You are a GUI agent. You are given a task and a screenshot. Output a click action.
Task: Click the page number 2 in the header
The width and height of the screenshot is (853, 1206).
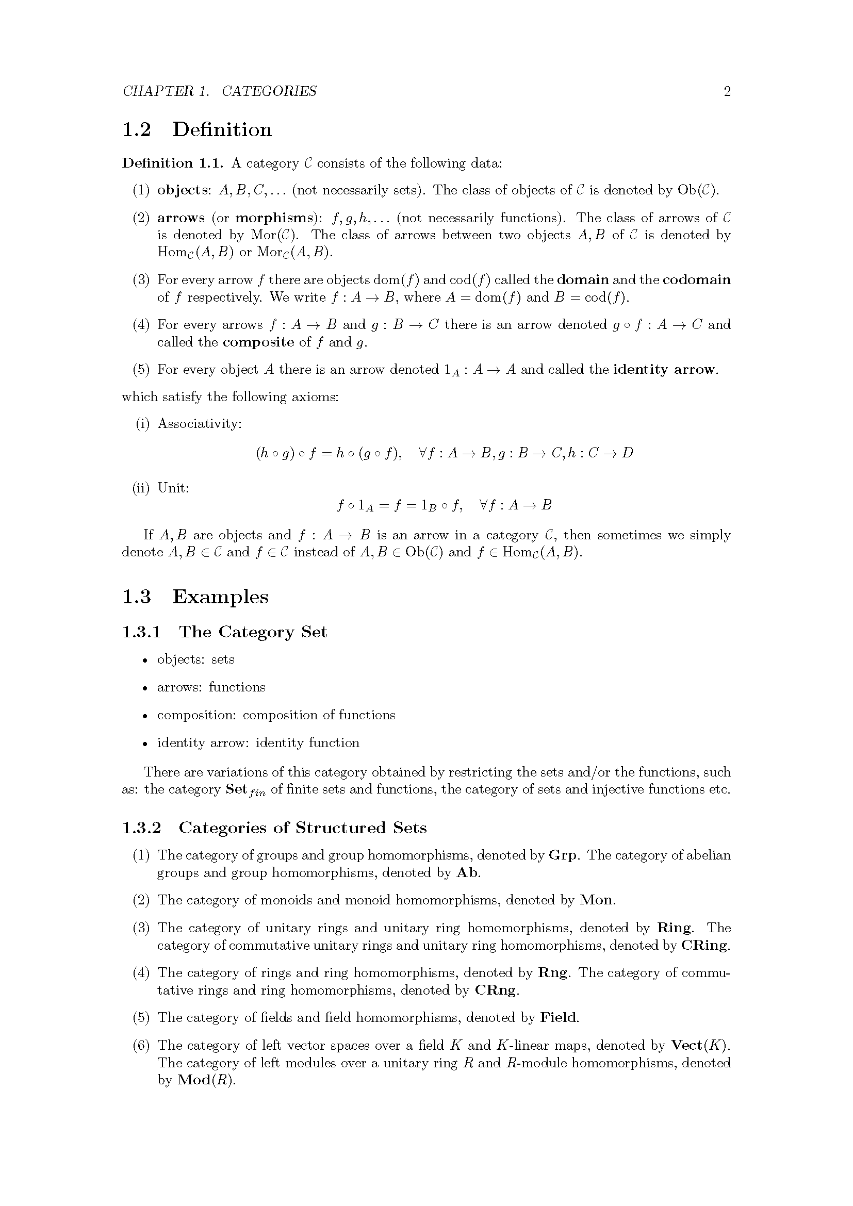point(727,91)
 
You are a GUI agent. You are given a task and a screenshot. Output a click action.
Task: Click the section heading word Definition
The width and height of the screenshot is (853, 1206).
point(222,129)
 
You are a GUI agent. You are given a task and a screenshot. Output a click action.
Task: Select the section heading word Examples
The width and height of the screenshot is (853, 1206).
point(220,597)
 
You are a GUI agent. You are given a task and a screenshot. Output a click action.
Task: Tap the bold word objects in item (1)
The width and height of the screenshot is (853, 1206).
point(183,190)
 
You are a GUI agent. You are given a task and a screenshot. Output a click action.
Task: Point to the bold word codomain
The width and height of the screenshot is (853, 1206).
point(696,279)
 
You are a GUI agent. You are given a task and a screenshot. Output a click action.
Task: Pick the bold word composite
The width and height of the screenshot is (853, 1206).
point(258,342)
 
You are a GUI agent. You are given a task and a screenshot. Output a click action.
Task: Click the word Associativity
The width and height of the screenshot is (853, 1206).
point(199,424)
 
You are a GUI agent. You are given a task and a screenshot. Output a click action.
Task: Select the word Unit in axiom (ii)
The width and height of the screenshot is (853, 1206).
point(172,488)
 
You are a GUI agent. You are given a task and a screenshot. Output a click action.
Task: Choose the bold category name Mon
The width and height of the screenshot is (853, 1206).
point(596,900)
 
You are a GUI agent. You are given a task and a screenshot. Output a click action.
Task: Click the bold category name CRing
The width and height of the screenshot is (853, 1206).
point(705,946)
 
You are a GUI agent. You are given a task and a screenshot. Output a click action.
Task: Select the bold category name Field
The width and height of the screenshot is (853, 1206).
point(559,1018)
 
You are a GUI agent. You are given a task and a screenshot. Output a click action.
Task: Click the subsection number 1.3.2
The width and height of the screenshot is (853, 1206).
point(141,829)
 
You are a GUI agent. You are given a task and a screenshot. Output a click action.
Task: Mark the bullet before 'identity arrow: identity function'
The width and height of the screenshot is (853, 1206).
point(144,744)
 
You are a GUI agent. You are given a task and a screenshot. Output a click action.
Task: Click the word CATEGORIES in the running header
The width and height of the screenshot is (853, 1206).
point(269,91)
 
